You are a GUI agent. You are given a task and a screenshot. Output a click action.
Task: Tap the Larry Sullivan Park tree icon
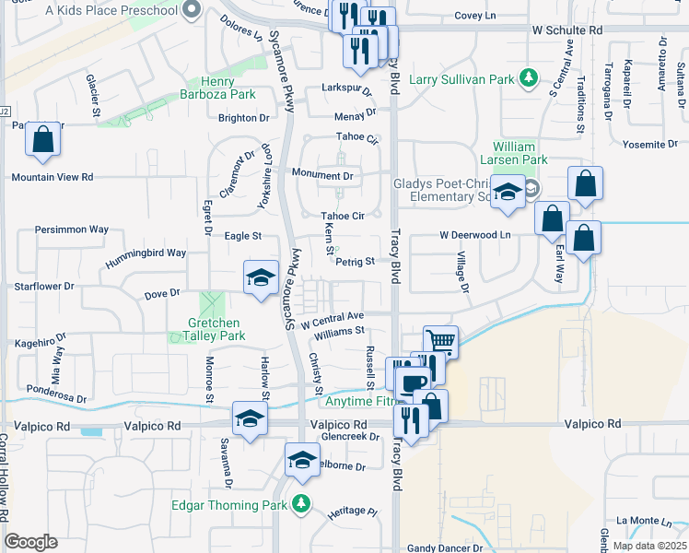pyautogui.click(x=528, y=76)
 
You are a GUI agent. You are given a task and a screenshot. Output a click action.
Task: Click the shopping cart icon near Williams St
pyautogui.click(x=441, y=343)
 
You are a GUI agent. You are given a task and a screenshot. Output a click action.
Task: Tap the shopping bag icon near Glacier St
pyautogui.click(x=43, y=141)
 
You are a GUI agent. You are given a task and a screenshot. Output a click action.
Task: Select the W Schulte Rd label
pyautogui.click(x=566, y=30)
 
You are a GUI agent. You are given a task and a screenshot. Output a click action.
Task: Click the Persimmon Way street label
pyautogui.click(x=71, y=229)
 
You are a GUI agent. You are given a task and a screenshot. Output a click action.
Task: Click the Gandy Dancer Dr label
pyautogui.click(x=445, y=547)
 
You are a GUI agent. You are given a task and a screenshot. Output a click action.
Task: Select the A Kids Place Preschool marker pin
pyautogui.click(x=192, y=10)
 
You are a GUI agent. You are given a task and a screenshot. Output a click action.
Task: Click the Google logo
pyautogui.click(x=30, y=542)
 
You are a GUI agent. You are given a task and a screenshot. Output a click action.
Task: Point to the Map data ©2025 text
pyautogui.click(x=648, y=546)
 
